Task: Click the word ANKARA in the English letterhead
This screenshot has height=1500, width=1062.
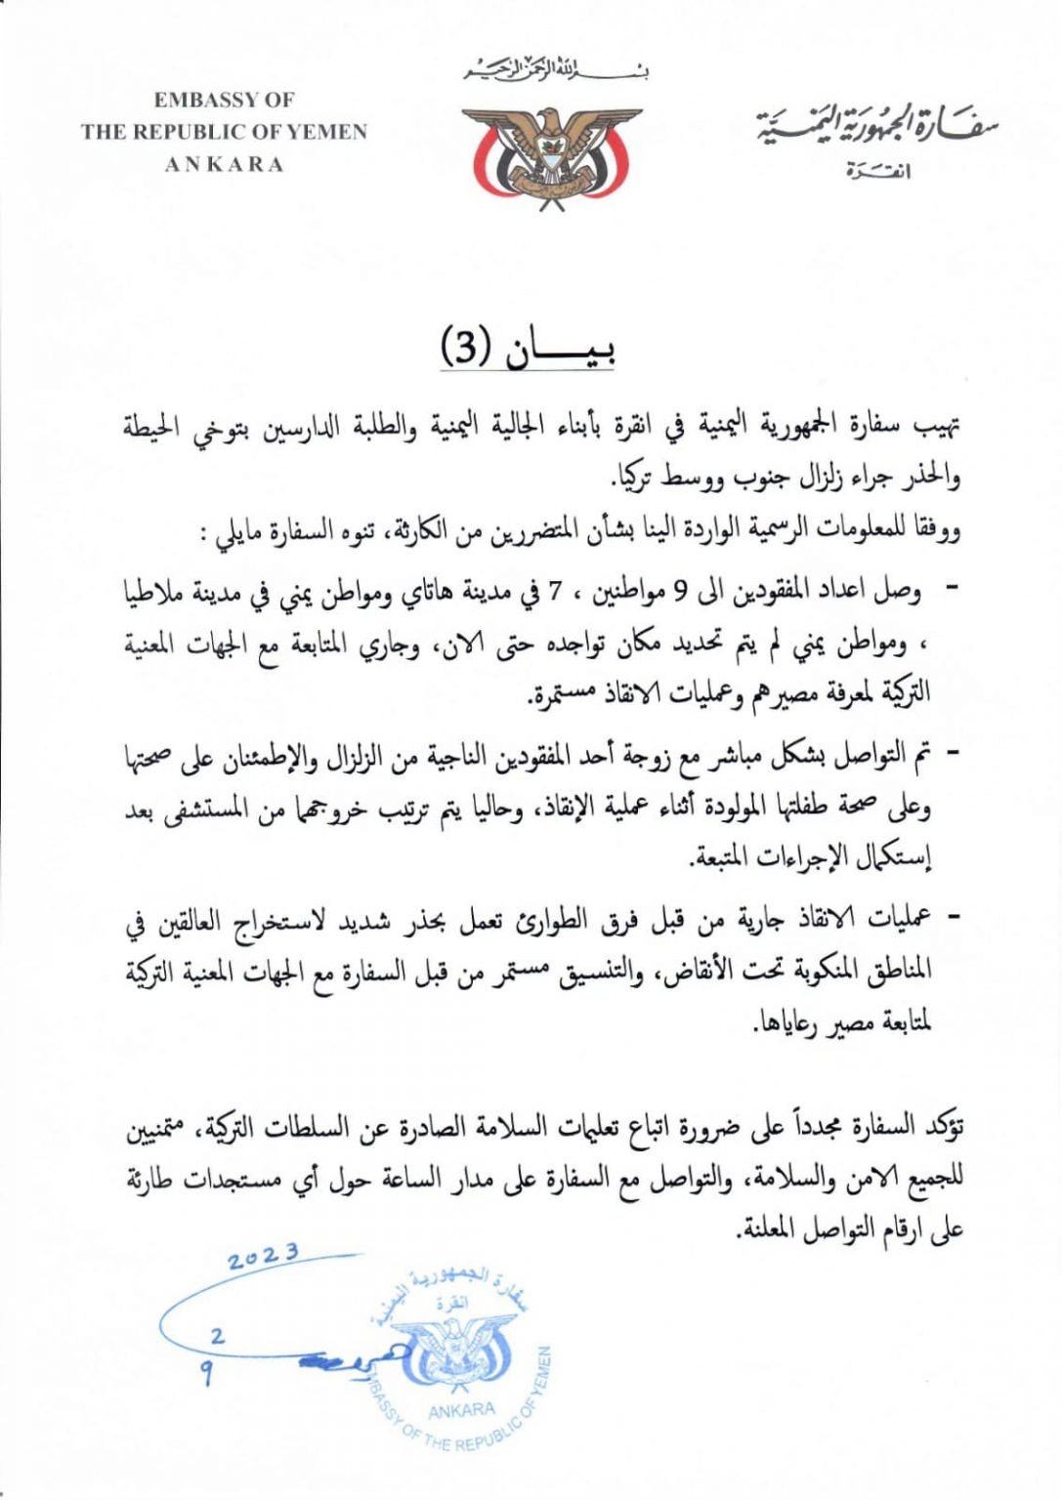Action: point(224,164)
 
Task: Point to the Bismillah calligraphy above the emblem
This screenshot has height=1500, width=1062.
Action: point(556,70)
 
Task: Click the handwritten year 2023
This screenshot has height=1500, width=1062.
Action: point(263,1258)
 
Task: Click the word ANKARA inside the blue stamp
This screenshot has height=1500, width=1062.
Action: point(461,1409)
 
